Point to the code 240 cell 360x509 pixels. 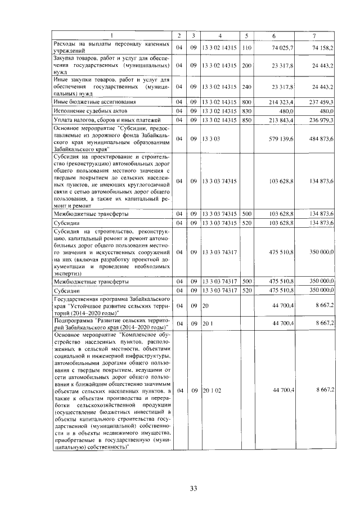[246, 87]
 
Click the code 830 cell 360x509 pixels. [246, 111]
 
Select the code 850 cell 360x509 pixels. [246, 120]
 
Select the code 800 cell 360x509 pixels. [246, 102]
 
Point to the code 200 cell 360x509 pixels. [246, 65]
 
